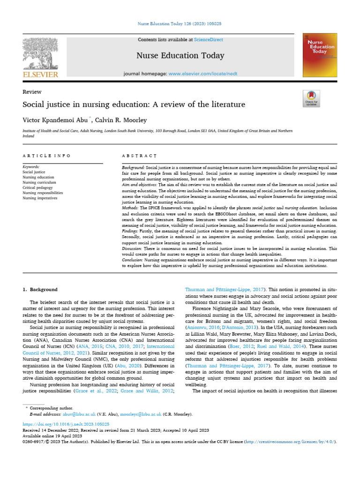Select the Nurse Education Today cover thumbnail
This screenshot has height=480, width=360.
(x=320, y=55)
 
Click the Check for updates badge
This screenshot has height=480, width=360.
(x=311, y=97)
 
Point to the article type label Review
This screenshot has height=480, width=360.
(x=32, y=92)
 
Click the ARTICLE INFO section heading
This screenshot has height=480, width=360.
(x=47, y=155)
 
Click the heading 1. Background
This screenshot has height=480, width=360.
(x=40, y=290)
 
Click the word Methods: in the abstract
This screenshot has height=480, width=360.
(x=131, y=207)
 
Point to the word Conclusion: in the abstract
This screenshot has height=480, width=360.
(x=133, y=259)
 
